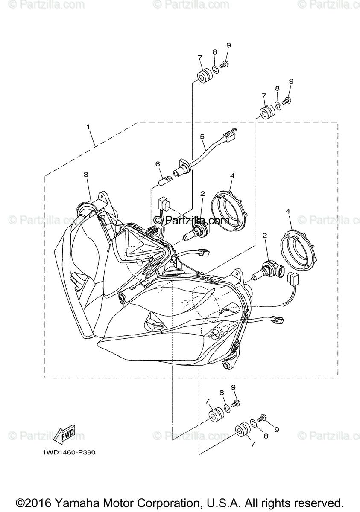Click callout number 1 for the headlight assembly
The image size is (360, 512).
click(x=88, y=127)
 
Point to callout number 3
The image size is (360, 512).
click(x=86, y=175)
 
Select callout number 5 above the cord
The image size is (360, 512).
click(x=202, y=137)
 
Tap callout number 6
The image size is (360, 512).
click(x=157, y=164)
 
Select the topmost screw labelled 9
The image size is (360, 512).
click(x=226, y=64)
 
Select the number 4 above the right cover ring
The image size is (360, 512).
click(x=288, y=211)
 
